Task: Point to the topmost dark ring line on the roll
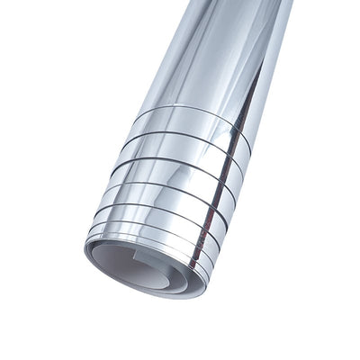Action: (193, 112)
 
